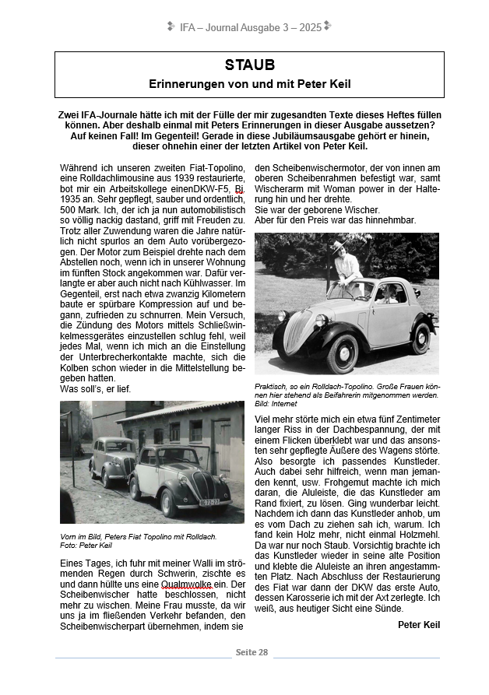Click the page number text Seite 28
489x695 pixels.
(252, 651)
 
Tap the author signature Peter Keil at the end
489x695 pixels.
(418, 625)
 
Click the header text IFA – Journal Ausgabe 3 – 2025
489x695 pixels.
(250, 27)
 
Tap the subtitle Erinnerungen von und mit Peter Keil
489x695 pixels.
(249, 82)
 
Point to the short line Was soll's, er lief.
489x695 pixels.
(95, 388)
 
